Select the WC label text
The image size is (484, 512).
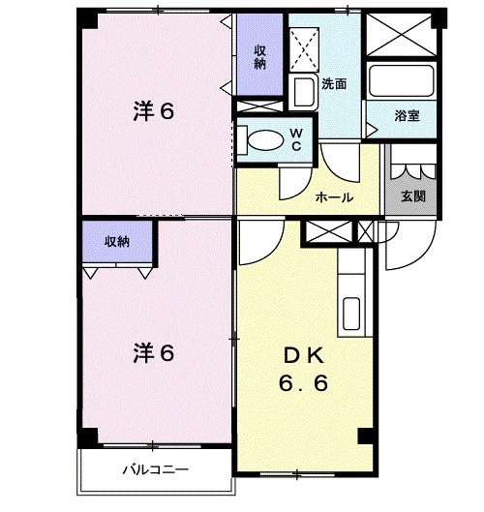coord(296,138)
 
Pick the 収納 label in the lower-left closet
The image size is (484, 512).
coord(117,242)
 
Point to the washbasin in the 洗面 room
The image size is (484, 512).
coord(302,94)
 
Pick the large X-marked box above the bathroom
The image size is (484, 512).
coord(400,37)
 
